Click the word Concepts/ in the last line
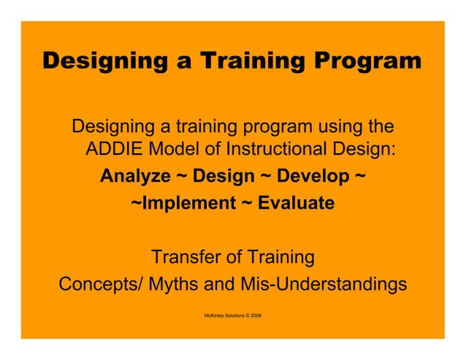[100, 283]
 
